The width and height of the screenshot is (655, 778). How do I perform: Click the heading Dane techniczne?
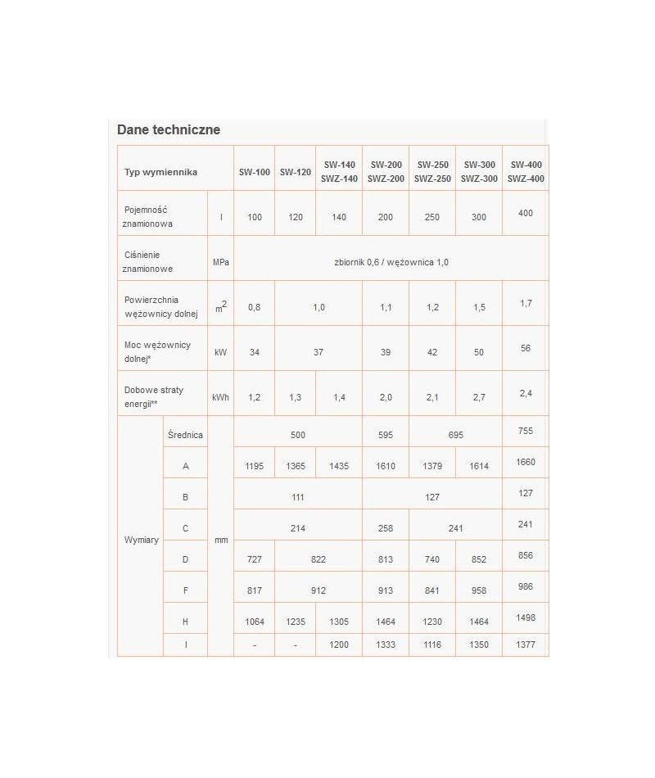[169, 129]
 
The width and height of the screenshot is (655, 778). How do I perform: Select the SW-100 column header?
[254, 172]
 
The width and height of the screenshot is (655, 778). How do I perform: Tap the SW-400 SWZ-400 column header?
[525, 171]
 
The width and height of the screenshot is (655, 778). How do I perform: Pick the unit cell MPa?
[220, 262]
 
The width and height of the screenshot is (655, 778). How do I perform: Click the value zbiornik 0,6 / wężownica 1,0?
[391, 262]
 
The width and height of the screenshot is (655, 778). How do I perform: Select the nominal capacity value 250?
[431, 217]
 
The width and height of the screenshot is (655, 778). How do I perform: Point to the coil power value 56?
[525, 348]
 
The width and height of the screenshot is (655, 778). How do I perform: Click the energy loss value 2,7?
[479, 397]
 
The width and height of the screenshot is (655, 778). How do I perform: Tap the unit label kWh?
[220, 397]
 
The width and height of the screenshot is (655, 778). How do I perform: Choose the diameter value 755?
[525, 431]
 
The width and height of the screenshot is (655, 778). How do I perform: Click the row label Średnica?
[186, 435]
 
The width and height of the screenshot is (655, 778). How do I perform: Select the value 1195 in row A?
[254, 466]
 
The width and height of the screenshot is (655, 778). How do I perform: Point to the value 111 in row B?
[298, 497]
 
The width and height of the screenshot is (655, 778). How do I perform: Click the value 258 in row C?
[386, 528]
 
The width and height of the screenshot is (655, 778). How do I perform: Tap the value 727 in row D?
[254, 559]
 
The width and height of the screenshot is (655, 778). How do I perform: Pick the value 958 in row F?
[479, 590]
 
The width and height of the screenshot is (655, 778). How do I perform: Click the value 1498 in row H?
[525, 617]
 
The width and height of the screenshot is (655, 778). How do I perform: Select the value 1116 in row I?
[431, 645]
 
